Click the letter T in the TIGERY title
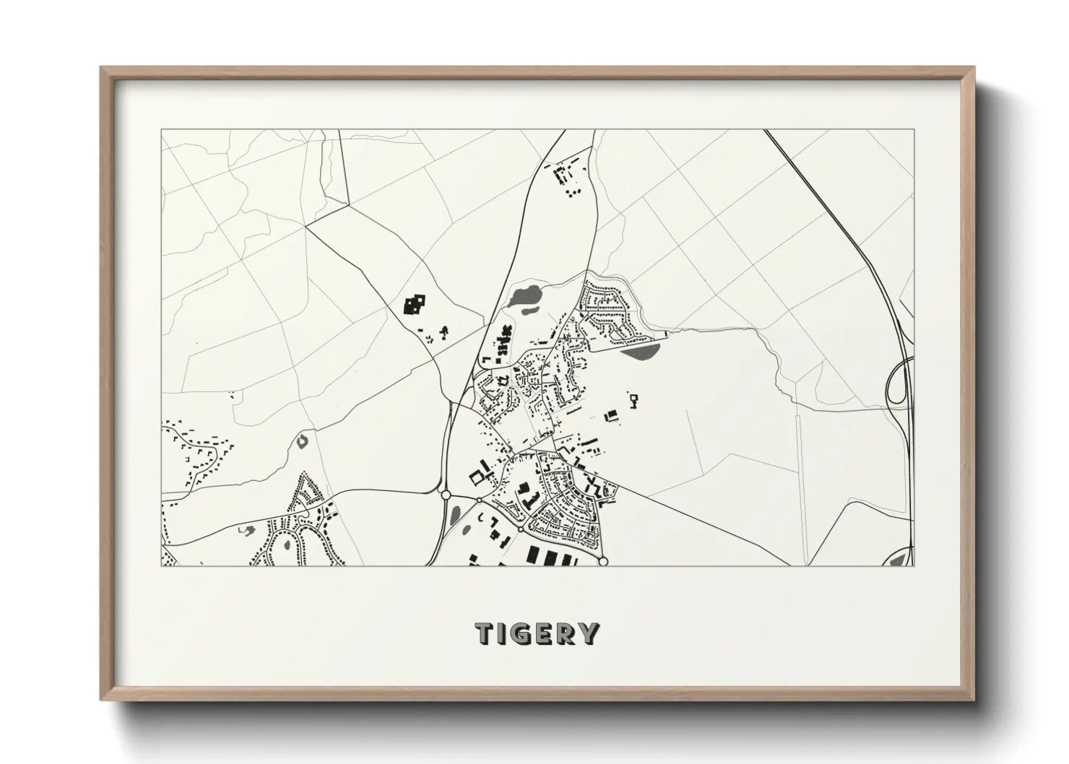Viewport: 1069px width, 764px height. point(485,633)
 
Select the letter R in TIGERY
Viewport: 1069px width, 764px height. point(568,633)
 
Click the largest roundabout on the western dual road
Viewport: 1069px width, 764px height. point(445,495)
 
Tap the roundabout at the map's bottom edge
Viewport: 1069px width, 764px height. point(603,561)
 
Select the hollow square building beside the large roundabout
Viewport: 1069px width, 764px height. point(477,477)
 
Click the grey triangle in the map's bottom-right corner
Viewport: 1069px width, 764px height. point(902,557)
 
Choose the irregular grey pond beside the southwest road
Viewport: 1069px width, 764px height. point(244,531)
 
